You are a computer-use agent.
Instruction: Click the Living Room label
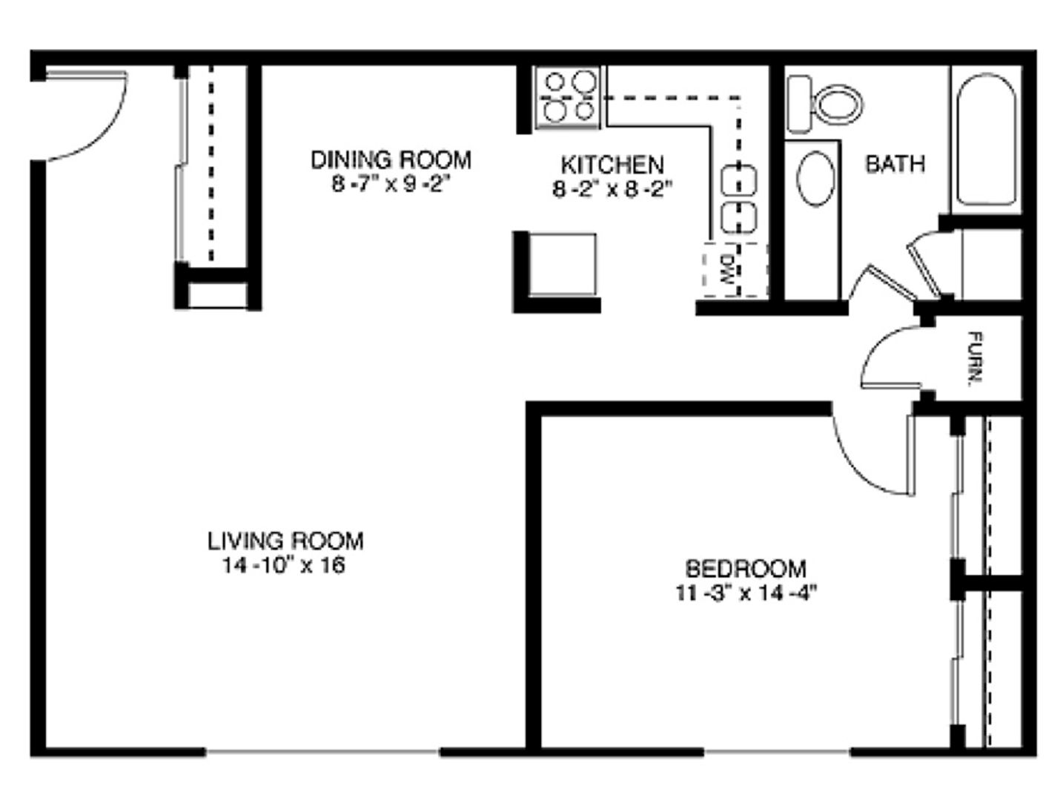tap(285, 541)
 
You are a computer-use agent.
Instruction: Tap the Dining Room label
tap(391, 159)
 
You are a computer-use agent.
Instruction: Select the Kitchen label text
tap(612, 164)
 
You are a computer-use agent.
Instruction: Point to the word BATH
tap(895, 163)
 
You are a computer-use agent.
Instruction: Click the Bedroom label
tap(746, 569)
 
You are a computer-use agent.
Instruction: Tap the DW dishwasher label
tap(727, 271)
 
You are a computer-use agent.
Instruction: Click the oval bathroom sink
tap(815, 179)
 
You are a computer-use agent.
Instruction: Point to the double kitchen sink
tap(738, 198)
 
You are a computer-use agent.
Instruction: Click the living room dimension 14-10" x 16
tap(284, 566)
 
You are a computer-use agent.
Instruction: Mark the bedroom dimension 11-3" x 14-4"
tap(746, 593)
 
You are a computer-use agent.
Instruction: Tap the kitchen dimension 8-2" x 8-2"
tap(612, 189)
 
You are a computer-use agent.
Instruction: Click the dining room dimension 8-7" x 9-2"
tap(391, 184)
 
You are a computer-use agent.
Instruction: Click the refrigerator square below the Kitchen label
tap(562, 265)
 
